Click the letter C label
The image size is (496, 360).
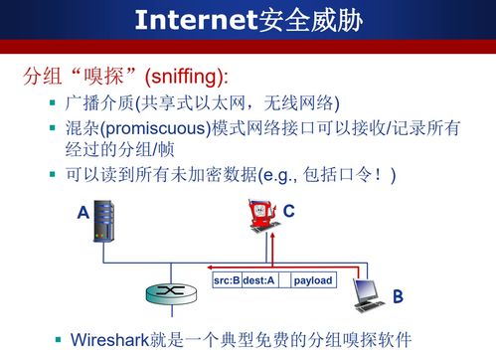coord(288,211)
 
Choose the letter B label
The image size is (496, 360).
coord(397,296)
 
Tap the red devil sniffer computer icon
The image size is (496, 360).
coord(261,220)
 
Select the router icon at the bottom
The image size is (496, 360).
coord(163,295)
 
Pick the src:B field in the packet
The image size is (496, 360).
coord(227,281)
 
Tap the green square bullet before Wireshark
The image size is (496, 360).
coord(58,339)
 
